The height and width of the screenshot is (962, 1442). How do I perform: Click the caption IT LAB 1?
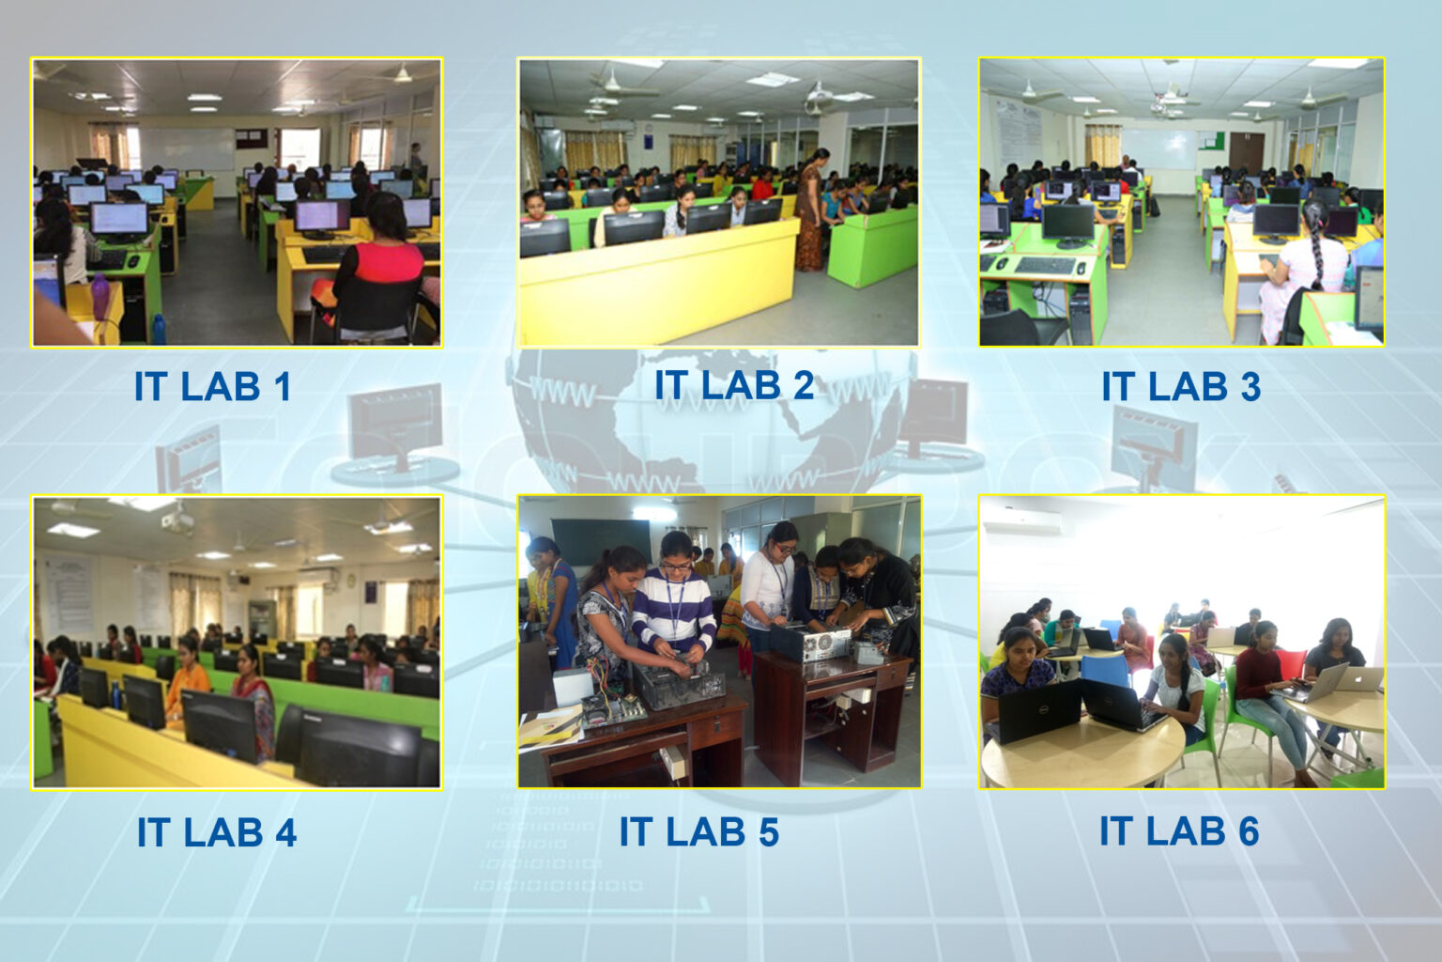(x=212, y=387)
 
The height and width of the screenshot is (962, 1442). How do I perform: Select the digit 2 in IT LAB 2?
(x=801, y=385)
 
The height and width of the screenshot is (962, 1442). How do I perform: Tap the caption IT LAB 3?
(x=1180, y=387)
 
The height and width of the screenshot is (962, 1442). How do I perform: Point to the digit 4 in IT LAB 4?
(x=284, y=833)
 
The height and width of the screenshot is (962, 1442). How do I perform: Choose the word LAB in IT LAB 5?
(x=700, y=832)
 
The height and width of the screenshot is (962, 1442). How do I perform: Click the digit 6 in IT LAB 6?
(x=1248, y=831)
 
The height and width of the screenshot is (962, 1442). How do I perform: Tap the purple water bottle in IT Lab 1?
(x=100, y=292)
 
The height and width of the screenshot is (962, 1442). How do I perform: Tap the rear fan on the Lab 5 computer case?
(x=823, y=644)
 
